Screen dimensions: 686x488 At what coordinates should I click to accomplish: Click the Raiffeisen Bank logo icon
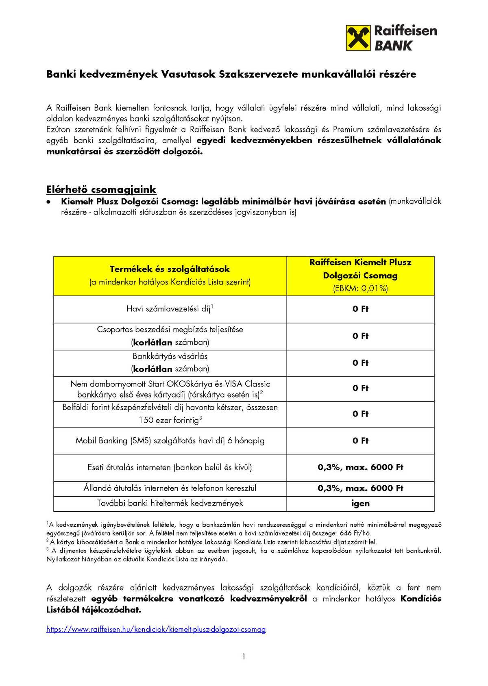click(x=358, y=38)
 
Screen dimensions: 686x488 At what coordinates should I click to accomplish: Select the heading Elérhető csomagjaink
click(x=101, y=189)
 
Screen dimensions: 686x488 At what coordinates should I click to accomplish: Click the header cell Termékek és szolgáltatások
click(x=170, y=269)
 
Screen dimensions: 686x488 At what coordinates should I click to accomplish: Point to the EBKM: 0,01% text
click(x=360, y=289)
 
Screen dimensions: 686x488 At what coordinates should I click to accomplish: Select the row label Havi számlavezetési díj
click(x=170, y=309)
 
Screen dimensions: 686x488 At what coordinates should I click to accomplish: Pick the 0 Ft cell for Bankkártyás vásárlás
click(x=360, y=363)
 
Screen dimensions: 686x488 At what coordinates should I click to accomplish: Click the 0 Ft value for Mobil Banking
click(x=360, y=441)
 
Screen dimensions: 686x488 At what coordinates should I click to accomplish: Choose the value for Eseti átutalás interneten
click(x=360, y=467)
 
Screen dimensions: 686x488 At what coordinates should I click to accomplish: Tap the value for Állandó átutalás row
click(x=360, y=488)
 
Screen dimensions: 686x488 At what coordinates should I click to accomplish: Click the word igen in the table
click(x=360, y=504)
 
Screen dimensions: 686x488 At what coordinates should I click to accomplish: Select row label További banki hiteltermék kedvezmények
click(x=170, y=503)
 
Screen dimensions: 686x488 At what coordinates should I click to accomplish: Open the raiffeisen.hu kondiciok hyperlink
click(x=156, y=630)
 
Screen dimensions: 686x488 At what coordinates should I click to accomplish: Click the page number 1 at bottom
click(x=244, y=656)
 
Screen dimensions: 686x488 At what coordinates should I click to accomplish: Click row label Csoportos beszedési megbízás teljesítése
click(x=170, y=330)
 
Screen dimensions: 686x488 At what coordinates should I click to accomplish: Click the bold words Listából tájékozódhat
click(x=94, y=610)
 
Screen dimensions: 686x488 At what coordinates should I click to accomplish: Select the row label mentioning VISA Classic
click(x=170, y=389)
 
